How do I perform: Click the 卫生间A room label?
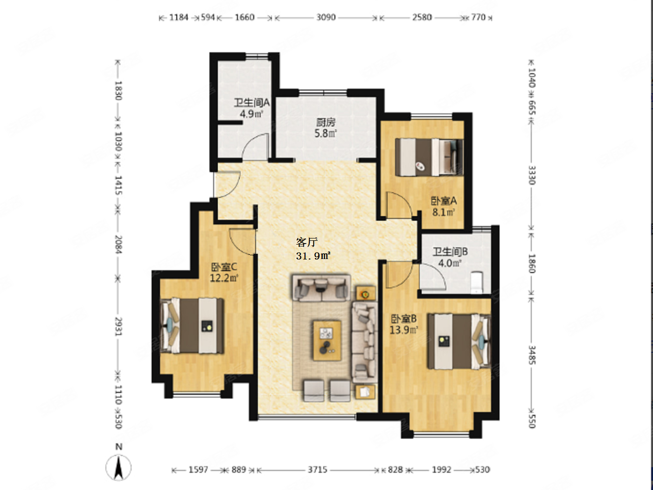tap(252, 103)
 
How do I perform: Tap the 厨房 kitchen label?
tap(326, 122)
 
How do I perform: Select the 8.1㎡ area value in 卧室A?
tap(444, 212)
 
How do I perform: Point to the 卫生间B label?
tap(450, 252)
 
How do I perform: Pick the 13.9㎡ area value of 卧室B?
tap(404, 330)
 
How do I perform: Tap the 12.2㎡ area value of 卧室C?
tap(224, 278)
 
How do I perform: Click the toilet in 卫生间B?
tap(477, 282)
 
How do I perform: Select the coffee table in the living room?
tap(327, 340)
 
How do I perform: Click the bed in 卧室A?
tap(429, 157)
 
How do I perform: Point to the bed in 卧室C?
tap(192, 326)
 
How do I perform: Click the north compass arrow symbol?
tap(118, 468)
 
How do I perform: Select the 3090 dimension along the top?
tap(326, 18)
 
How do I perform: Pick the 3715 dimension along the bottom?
tap(318, 470)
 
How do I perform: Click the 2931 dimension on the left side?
tap(118, 326)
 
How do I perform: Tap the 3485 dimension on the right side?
tap(532, 355)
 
